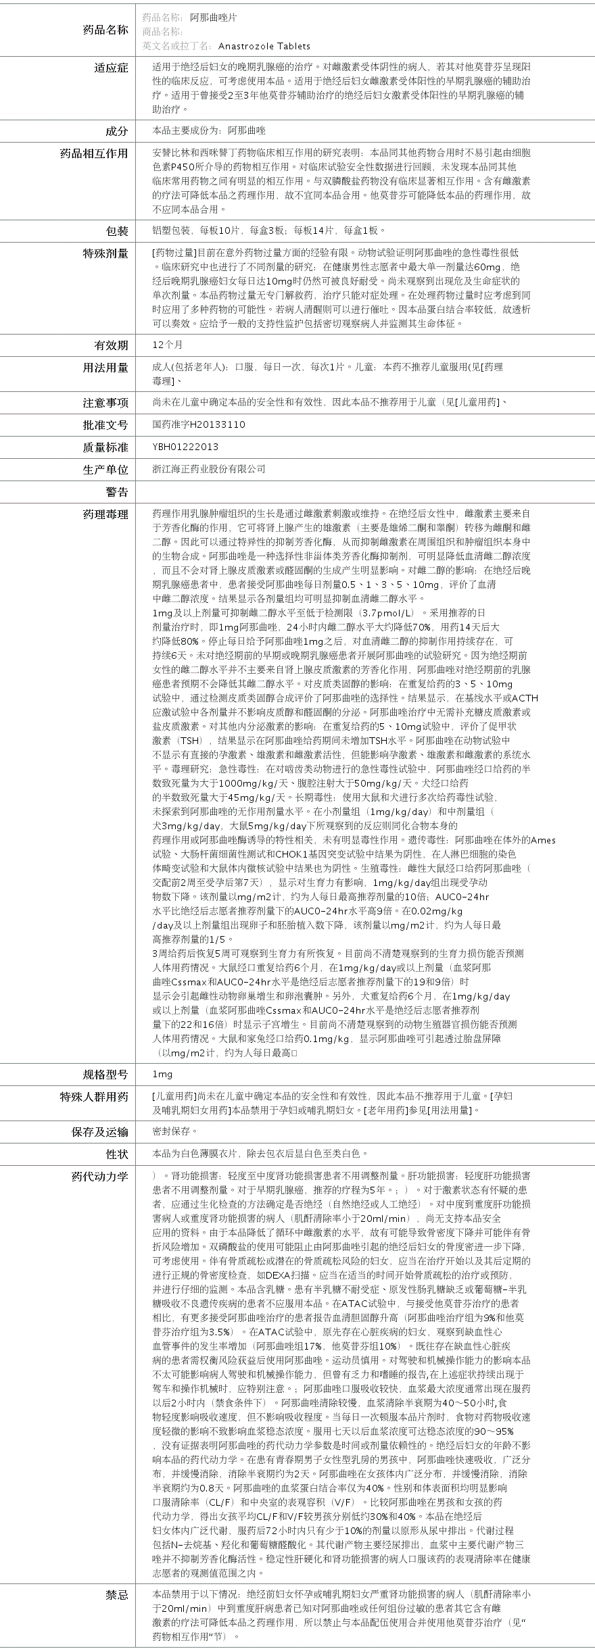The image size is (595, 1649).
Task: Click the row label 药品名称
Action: (x=105, y=30)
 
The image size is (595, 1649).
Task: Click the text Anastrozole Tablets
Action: (x=264, y=46)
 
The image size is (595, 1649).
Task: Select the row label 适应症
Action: (x=111, y=68)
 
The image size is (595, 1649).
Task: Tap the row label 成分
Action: (x=116, y=131)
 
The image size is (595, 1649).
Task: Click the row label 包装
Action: (x=116, y=231)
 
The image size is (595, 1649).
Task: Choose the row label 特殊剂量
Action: (x=105, y=253)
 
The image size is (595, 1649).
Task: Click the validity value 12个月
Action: (x=168, y=345)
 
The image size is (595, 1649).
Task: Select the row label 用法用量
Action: (x=105, y=368)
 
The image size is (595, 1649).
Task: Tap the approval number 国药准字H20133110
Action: (x=199, y=424)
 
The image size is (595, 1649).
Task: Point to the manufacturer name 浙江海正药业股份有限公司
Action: (x=209, y=469)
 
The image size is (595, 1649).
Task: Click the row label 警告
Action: (x=116, y=492)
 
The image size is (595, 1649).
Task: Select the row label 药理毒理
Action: (x=105, y=515)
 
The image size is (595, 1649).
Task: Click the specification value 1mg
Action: (x=163, y=1075)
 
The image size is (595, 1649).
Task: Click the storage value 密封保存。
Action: (x=175, y=1131)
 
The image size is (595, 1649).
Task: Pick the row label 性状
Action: (x=116, y=1154)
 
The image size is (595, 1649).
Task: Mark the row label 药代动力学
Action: (x=99, y=1177)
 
